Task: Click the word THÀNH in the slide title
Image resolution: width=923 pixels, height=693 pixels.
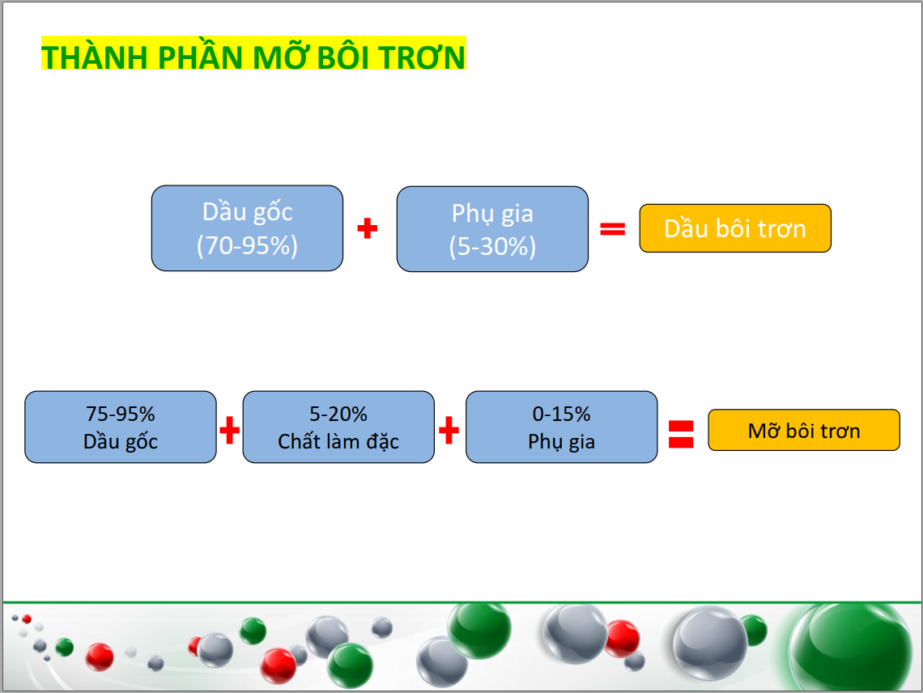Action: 94,57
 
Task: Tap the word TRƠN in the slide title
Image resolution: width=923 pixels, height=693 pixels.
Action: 422,57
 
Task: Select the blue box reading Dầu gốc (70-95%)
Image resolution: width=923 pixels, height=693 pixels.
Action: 247,228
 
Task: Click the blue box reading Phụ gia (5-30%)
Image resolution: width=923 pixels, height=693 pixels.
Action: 493,229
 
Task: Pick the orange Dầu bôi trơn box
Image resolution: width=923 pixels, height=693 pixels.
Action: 735,228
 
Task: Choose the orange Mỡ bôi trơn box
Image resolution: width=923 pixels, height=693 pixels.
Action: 804,431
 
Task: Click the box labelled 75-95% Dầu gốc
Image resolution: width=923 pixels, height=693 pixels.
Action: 121,427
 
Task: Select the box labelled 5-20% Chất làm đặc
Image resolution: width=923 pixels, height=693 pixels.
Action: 338,427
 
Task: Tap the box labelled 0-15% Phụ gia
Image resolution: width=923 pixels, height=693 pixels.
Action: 562,427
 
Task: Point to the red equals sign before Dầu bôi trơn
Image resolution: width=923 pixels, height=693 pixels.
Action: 612,228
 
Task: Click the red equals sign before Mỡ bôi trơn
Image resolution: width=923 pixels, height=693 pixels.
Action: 681,434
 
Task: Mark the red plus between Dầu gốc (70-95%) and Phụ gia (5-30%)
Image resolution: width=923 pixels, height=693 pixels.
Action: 368,228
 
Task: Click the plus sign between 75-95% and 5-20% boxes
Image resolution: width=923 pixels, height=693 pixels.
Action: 230,431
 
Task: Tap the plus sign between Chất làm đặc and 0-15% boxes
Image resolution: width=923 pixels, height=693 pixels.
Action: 449,431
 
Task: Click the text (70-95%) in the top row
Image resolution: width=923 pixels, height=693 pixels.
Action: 247,245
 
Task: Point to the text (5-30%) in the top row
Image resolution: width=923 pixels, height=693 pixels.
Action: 493,246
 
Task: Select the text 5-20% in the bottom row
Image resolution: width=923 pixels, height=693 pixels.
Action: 338,414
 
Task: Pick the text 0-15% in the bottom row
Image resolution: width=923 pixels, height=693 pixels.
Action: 562,414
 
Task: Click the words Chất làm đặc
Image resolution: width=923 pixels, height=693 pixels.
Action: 338,441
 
